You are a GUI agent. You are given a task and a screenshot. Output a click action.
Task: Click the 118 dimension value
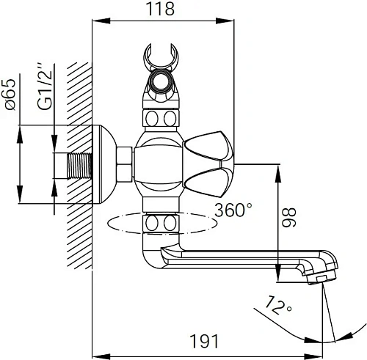pos(160,9)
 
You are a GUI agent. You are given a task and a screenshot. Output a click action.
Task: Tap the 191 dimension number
pos(204,341)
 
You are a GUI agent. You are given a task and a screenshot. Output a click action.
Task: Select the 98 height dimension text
pos(289,218)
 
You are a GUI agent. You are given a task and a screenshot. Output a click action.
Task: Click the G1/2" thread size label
pos(45,87)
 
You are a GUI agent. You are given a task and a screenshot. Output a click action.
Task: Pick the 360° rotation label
pos(233,210)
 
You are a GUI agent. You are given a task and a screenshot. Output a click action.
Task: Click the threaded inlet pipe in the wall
pos(79,166)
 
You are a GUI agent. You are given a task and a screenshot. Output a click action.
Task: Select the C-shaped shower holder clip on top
pos(161,56)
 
